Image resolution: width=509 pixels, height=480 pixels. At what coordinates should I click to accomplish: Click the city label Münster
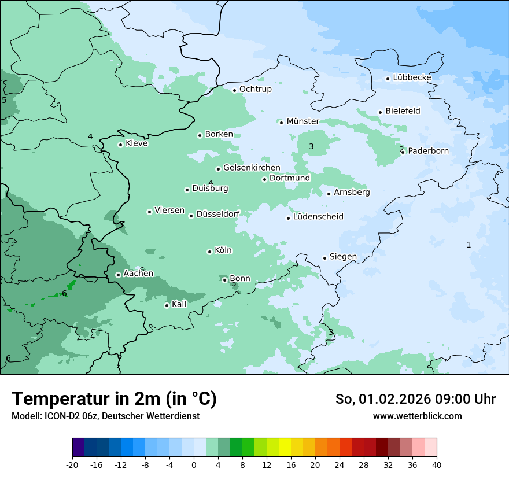pos(303,121)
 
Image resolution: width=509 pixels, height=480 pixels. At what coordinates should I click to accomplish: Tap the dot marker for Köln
pos(209,252)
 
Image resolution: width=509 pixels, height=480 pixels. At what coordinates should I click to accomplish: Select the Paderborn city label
pos(428,152)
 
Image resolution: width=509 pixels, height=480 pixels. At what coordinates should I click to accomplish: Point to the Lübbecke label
pos(412,77)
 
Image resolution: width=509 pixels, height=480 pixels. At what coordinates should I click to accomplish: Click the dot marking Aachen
pos(118,275)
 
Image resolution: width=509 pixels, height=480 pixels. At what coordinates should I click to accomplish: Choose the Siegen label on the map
pos(343,257)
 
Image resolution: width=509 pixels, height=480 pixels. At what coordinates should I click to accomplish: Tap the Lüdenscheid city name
pos(318,217)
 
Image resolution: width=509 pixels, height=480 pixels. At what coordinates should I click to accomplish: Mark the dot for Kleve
pos(120,145)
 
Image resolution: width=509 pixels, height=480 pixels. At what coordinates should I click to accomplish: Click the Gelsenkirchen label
pos(252,168)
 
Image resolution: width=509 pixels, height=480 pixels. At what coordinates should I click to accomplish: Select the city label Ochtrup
pos(255,89)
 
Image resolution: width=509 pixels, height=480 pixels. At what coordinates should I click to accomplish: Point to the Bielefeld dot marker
pos(380,112)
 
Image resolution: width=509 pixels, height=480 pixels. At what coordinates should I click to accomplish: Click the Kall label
pos(179,304)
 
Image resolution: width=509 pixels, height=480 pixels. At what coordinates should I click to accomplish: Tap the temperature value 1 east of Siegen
pos(469,245)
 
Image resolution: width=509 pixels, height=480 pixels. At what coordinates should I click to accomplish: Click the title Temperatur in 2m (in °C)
pos(114,399)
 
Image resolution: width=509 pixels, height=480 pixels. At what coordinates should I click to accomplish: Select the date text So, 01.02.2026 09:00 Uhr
pos(415,399)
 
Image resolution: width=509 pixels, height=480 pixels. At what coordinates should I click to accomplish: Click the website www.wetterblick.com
pos(417,416)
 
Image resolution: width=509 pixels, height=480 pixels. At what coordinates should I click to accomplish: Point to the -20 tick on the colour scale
pos(72,464)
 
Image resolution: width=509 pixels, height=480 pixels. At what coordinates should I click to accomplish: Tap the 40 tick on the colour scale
pos(436,464)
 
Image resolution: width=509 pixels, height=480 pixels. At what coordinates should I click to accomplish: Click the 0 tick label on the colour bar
pos(194,464)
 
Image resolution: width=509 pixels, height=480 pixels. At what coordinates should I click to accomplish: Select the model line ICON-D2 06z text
pos(105,416)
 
